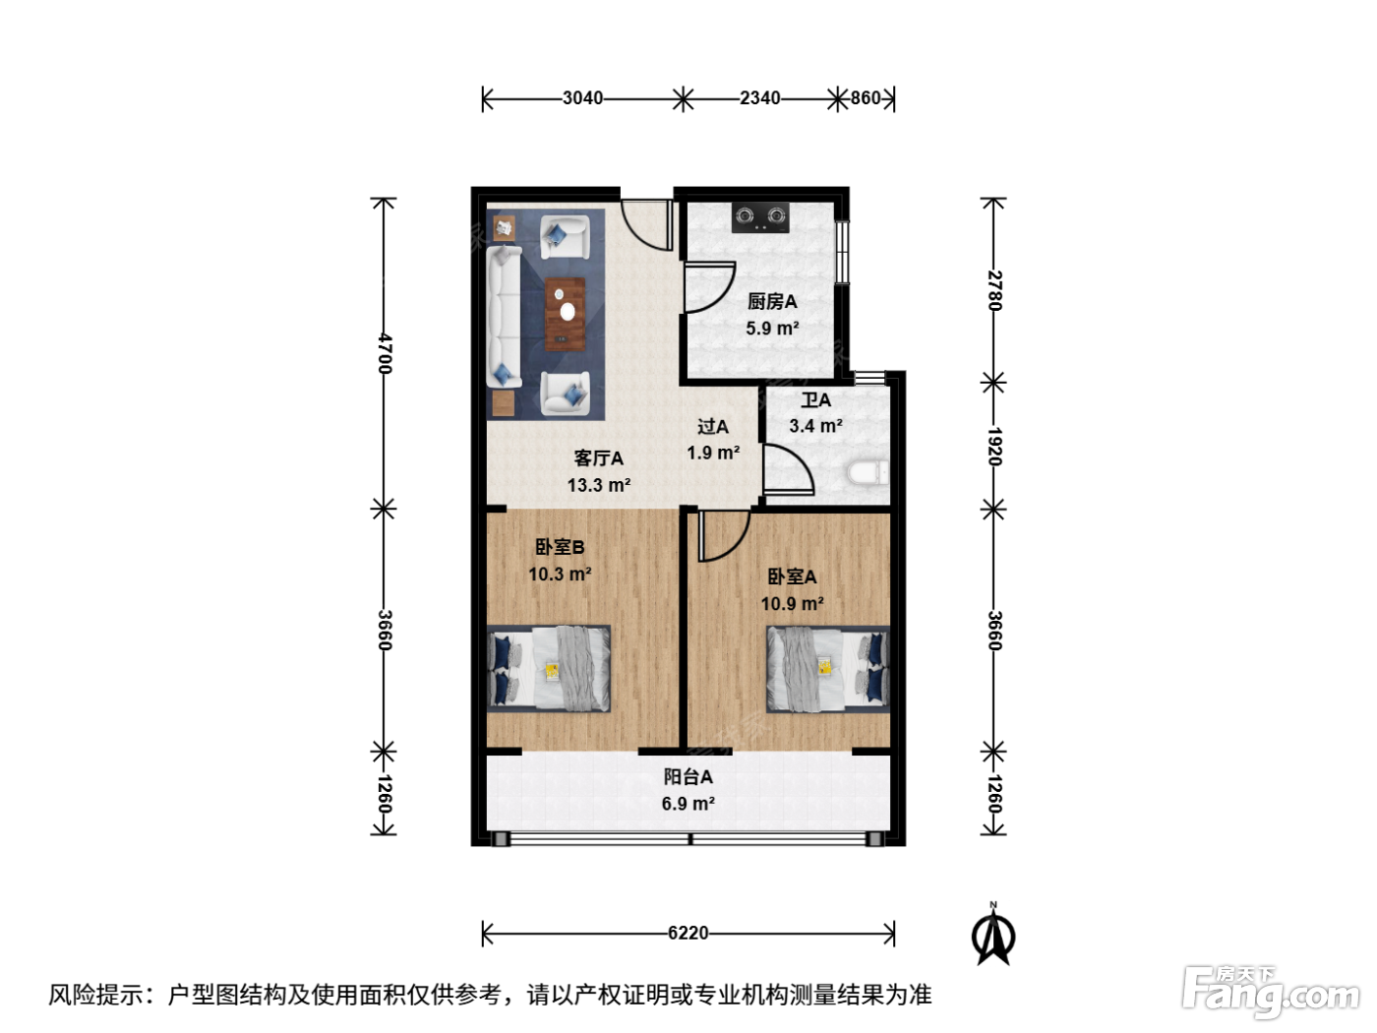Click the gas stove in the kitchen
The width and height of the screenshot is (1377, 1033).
tap(760, 217)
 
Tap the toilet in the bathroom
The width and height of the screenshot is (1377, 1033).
tap(868, 473)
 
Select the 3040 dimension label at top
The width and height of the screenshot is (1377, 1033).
tap(582, 97)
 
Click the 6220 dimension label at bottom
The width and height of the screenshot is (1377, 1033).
tap(688, 933)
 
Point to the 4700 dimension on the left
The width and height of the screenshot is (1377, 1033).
tap(385, 353)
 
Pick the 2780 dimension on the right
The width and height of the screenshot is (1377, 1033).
tap(994, 290)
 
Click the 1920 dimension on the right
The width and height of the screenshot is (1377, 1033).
tap(994, 446)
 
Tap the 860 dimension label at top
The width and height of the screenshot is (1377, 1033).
tap(866, 97)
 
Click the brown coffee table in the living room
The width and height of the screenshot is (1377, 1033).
tap(565, 314)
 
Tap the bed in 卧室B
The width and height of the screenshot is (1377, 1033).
tap(549, 669)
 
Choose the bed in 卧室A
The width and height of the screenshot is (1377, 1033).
tap(828, 669)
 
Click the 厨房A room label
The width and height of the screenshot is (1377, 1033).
tap(772, 302)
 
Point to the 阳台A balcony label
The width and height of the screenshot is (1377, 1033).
tap(688, 776)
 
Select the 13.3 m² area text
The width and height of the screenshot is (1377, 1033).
tap(598, 484)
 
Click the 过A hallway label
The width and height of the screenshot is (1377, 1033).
tap(713, 427)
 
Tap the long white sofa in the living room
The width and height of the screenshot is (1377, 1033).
tap(504, 317)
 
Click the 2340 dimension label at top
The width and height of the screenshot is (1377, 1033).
tap(759, 97)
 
